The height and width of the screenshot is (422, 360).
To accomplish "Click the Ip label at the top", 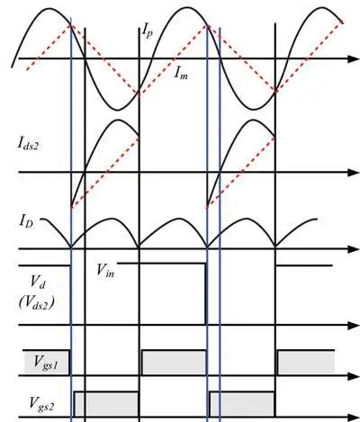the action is (x=147, y=31).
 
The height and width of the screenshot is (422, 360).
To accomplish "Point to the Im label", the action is (x=181, y=73).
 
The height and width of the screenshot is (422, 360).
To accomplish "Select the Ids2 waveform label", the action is (x=28, y=144).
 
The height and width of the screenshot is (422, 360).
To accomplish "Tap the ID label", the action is (x=27, y=222).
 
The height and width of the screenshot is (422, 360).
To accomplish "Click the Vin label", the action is (x=105, y=270).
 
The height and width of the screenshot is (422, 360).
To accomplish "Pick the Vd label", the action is (x=38, y=283).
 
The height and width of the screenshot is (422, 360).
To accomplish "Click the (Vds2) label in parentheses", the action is (x=37, y=302).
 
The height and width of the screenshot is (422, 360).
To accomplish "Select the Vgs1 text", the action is (x=46, y=362).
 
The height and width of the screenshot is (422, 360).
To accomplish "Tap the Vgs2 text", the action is (x=41, y=403).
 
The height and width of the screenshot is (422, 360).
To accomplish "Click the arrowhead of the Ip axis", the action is (x=354, y=58).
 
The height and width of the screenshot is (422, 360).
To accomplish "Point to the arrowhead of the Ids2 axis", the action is (x=354, y=173).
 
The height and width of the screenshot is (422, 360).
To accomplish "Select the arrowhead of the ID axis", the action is (x=354, y=249).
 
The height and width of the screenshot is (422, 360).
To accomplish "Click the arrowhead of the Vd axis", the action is (x=354, y=325).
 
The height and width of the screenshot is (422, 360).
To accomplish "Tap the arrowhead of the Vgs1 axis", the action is (x=354, y=376).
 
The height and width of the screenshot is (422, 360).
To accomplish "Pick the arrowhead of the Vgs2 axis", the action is (x=354, y=418).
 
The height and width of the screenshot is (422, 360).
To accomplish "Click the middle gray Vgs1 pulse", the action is (x=174, y=363).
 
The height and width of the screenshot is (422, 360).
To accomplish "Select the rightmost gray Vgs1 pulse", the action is (x=306, y=363).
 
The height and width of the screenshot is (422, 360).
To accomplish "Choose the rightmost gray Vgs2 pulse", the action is (x=242, y=404).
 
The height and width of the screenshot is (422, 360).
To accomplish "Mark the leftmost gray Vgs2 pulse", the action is (x=106, y=404).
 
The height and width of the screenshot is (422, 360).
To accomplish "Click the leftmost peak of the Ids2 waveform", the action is (x=119, y=120).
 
